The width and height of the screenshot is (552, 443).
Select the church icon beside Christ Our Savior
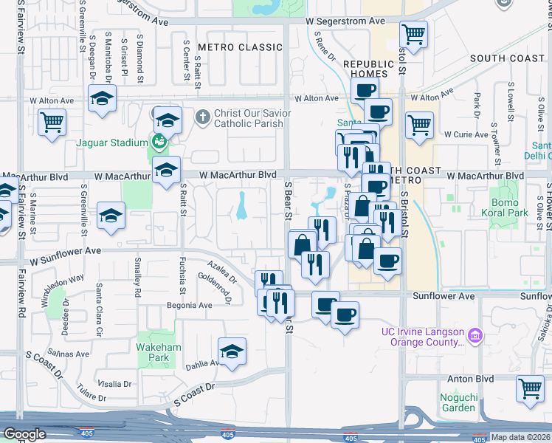point(203,117)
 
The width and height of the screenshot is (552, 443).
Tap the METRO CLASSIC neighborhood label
point(240,47)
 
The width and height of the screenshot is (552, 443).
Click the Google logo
point(24,434)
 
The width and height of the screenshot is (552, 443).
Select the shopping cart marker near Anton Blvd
point(530,388)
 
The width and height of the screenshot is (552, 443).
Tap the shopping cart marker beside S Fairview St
point(52,122)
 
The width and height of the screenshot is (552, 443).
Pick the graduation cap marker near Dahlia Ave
point(232,351)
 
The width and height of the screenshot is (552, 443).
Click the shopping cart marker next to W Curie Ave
point(418,125)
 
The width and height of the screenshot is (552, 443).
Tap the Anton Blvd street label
point(470,380)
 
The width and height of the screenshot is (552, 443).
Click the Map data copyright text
point(521,437)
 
